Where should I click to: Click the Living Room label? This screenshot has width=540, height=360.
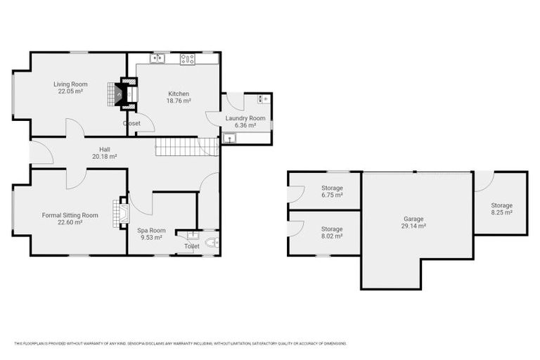pos(70,84)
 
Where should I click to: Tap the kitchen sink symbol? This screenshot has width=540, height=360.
pos(157,59)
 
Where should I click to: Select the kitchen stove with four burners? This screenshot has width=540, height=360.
pos(187,59)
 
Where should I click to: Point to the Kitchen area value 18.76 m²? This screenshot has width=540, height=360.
pos(179,101)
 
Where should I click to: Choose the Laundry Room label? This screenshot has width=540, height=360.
pos(245,118)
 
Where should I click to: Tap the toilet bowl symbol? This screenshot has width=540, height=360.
pos(212,243)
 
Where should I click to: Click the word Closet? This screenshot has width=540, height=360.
pos(131,123)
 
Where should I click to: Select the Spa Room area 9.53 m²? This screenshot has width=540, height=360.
pos(151,238)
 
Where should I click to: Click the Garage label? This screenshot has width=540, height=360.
pos(413,218)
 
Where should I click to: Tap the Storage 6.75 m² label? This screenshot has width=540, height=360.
pos(332,188)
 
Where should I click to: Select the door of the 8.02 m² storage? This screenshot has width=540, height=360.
pos(296,229)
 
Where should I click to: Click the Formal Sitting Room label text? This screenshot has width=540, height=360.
pos(70,214)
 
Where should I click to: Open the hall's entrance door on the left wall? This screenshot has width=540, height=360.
pos(40,153)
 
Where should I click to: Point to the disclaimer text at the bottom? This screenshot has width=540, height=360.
pos(180,343)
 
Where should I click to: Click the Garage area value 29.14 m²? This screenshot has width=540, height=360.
pos(413,226)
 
